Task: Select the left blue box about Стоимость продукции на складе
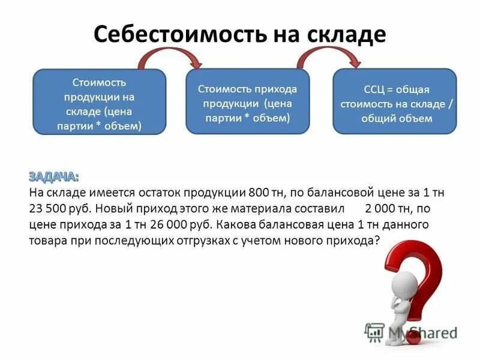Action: (99, 102)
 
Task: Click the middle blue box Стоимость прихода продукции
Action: (247, 101)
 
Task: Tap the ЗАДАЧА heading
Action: (53, 177)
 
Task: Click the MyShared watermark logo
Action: (410, 332)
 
